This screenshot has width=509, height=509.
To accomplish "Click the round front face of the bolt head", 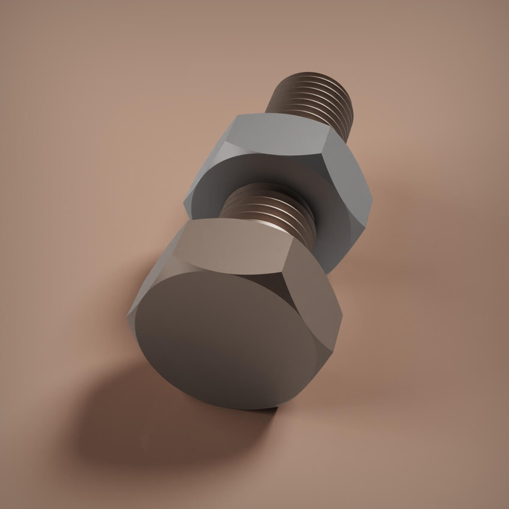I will point(225,339).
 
